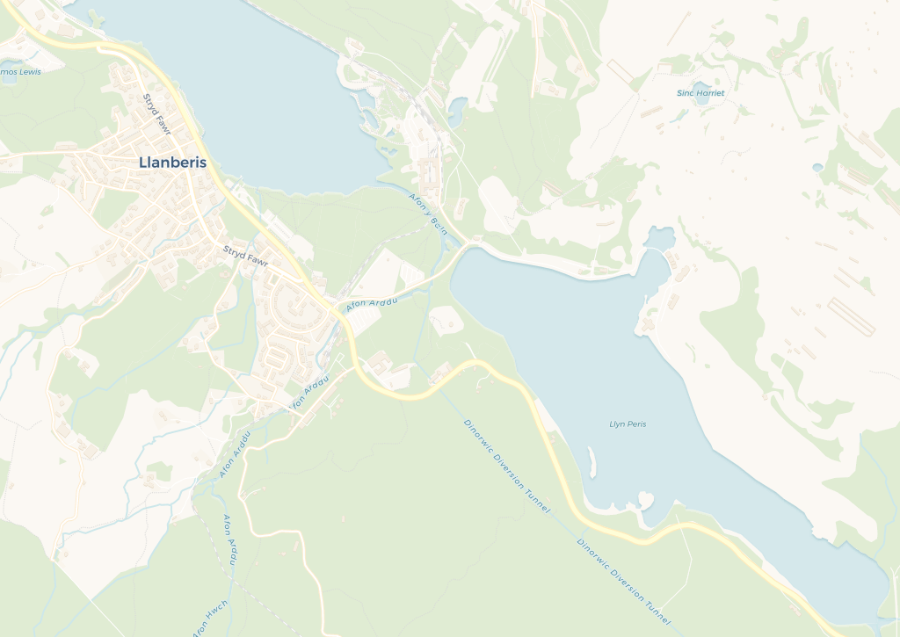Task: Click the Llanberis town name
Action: click(172, 163)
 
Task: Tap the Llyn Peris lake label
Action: click(628, 424)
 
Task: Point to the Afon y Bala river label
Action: click(429, 214)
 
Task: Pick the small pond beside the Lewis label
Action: click(10, 76)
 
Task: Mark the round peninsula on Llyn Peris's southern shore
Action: click(646, 502)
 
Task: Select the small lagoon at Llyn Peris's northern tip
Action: click(660, 237)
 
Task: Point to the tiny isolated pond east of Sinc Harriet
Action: click(818, 167)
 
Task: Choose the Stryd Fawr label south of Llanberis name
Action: click(245, 255)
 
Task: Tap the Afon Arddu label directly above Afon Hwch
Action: click(231, 539)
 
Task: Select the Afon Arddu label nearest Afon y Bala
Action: click(373, 304)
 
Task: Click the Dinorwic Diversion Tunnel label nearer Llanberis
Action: click(507, 466)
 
